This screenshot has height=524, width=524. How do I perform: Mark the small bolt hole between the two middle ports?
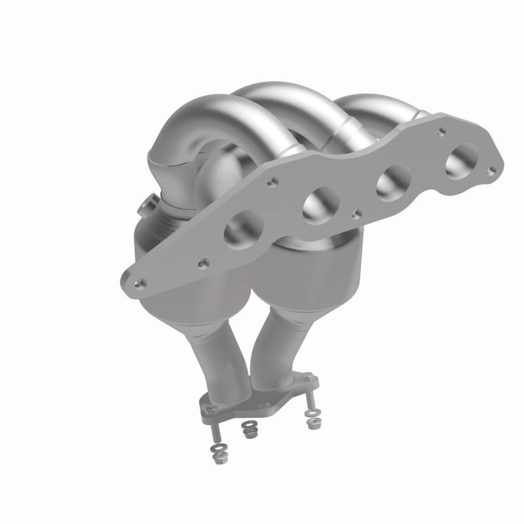355,213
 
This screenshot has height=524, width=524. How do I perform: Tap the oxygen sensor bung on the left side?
145,208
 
